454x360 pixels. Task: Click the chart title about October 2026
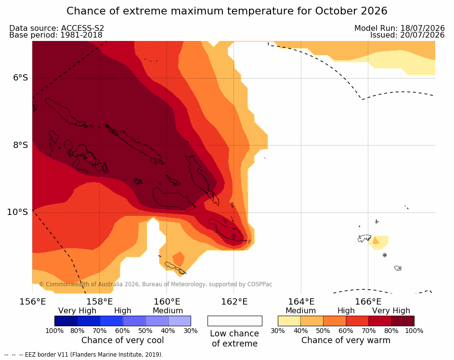(x=227, y=11)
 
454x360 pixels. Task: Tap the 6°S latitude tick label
(x=20, y=78)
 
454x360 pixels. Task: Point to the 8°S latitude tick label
(x=20, y=145)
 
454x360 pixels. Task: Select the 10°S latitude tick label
(x=18, y=212)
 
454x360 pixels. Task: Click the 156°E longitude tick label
(x=32, y=302)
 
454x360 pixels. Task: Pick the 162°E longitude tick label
(x=234, y=302)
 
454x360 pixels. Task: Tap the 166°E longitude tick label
(x=368, y=302)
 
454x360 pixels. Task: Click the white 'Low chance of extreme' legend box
(x=235, y=321)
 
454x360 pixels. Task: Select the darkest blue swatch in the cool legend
(x=66, y=321)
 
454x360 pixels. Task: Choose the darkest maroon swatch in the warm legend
(x=403, y=321)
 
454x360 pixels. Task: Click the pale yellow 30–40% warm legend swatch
(x=289, y=321)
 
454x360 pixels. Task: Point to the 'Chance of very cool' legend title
(x=122, y=340)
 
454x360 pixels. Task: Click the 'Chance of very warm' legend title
(x=346, y=340)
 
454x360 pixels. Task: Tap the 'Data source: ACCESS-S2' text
(x=56, y=28)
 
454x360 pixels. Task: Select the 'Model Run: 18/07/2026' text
(x=400, y=28)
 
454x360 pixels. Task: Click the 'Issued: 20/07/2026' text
(x=407, y=35)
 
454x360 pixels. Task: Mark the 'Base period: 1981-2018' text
(x=55, y=35)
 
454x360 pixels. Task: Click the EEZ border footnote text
(x=84, y=355)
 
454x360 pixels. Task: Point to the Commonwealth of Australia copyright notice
(x=156, y=284)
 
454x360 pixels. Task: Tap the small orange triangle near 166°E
(x=376, y=241)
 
